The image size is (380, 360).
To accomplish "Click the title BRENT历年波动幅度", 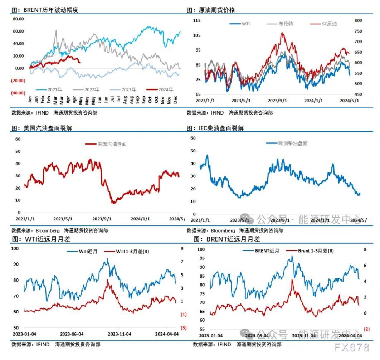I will [x=50, y=10].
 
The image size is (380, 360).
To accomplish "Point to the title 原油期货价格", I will [x=217, y=10].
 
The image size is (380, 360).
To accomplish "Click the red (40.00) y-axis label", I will [x=18, y=93].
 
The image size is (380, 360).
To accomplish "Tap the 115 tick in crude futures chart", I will [x=197, y=21].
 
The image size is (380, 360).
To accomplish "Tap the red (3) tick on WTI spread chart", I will [x=184, y=328].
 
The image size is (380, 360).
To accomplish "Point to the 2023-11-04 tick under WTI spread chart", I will [x=120, y=334].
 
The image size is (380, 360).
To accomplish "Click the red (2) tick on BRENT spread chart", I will [x=366, y=329].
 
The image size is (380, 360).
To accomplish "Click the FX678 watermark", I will [x=351, y=347].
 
